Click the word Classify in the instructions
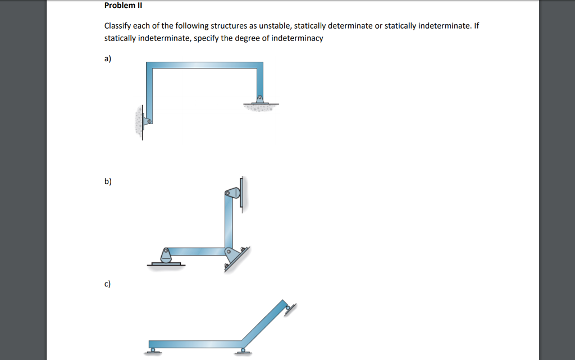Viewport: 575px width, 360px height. coord(117,26)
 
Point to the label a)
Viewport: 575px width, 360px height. coord(108,58)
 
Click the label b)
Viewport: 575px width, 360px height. coord(108,181)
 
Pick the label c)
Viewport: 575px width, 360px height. coord(108,284)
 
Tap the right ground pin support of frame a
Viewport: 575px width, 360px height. coord(259,99)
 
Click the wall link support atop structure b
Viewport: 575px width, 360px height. coord(233,193)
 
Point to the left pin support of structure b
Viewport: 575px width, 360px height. coord(166,256)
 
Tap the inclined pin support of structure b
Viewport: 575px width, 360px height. coord(230,256)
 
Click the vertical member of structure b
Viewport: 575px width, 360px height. coord(229,222)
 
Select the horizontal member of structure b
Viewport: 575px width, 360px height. coord(197,251)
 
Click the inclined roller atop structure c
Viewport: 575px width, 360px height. coord(289,307)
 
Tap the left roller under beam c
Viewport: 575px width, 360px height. coord(151,350)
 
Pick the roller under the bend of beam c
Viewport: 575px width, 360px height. coord(242,350)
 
